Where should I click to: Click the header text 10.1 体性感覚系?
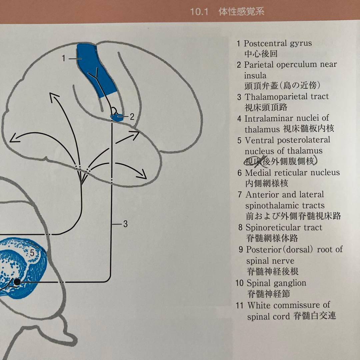227,12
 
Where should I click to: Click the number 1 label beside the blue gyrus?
63,58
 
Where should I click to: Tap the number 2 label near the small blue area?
132,117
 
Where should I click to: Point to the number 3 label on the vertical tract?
125,224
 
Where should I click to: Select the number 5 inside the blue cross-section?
32,253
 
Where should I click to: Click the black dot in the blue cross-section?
17,282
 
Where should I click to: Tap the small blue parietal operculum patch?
116,117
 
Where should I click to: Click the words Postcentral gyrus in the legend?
278,43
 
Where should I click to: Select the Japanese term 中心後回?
261,54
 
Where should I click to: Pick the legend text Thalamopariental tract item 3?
287,97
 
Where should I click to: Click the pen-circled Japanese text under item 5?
280,162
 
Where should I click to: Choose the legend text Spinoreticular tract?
284,228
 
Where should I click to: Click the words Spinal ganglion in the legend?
276,283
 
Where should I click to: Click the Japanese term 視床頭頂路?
266,107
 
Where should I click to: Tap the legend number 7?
240,195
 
